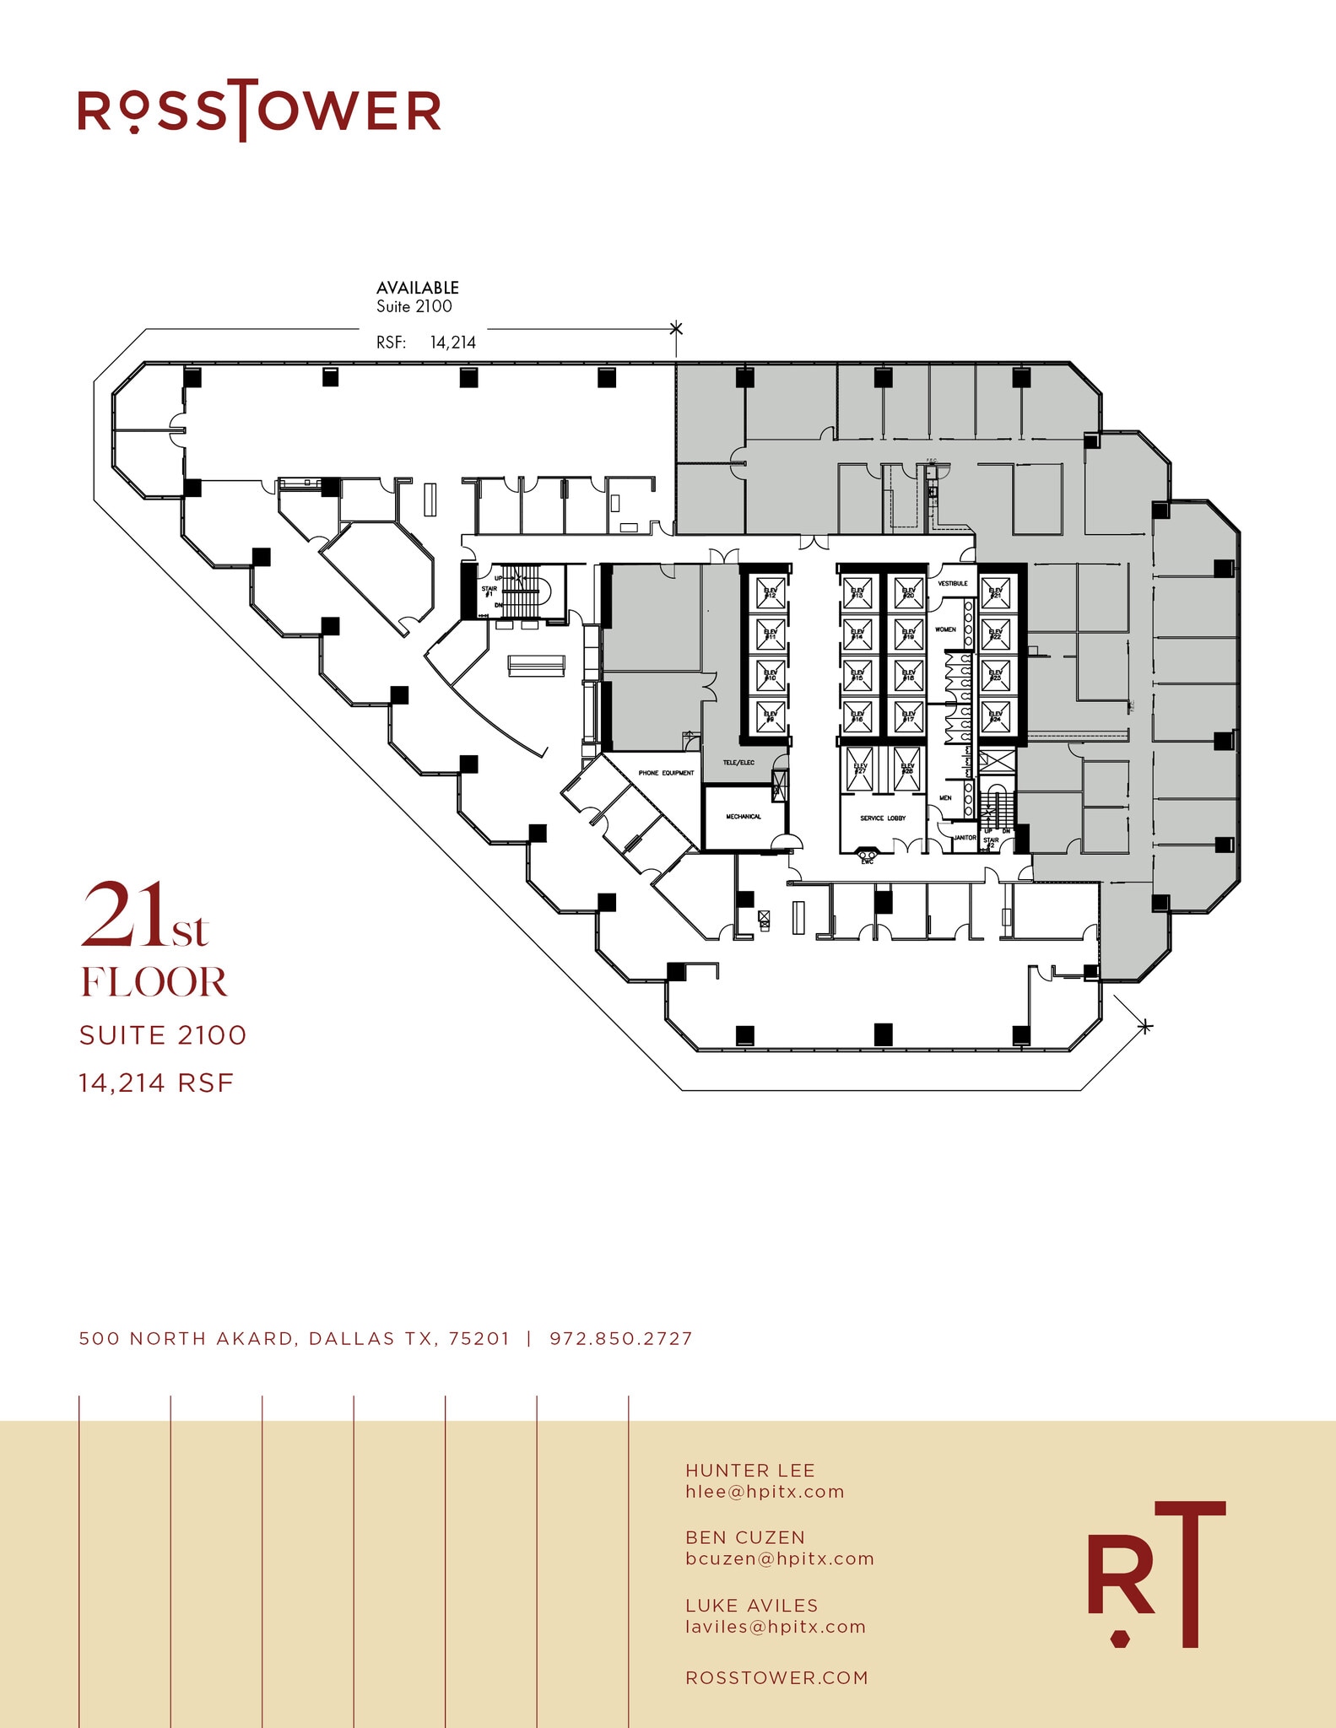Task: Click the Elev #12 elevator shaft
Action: (770, 594)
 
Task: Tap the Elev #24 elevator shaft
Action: (996, 717)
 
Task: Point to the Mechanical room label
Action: (744, 817)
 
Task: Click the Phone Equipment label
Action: (666, 773)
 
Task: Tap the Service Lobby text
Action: (883, 818)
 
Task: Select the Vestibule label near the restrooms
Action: (953, 584)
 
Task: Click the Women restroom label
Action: (945, 629)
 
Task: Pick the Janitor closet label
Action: (965, 838)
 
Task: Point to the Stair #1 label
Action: (489, 591)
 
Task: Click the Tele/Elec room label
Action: (738, 763)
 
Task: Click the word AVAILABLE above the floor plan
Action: (418, 288)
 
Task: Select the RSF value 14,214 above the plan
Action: (452, 343)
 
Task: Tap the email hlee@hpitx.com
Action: (765, 1492)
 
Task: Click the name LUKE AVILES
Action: (751, 1606)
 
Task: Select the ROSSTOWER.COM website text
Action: (776, 1678)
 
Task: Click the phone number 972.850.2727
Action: (620, 1339)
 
